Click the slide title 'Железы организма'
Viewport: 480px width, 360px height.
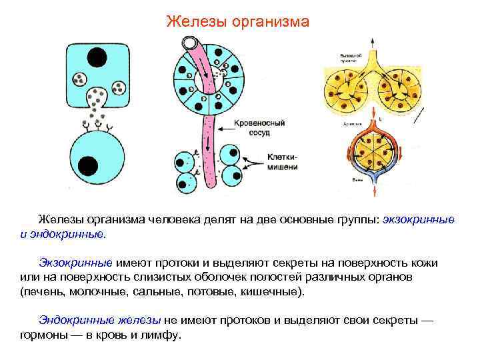(237, 22)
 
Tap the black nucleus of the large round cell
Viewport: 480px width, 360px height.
(87, 164)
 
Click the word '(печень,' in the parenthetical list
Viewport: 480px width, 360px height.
(43, 292)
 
